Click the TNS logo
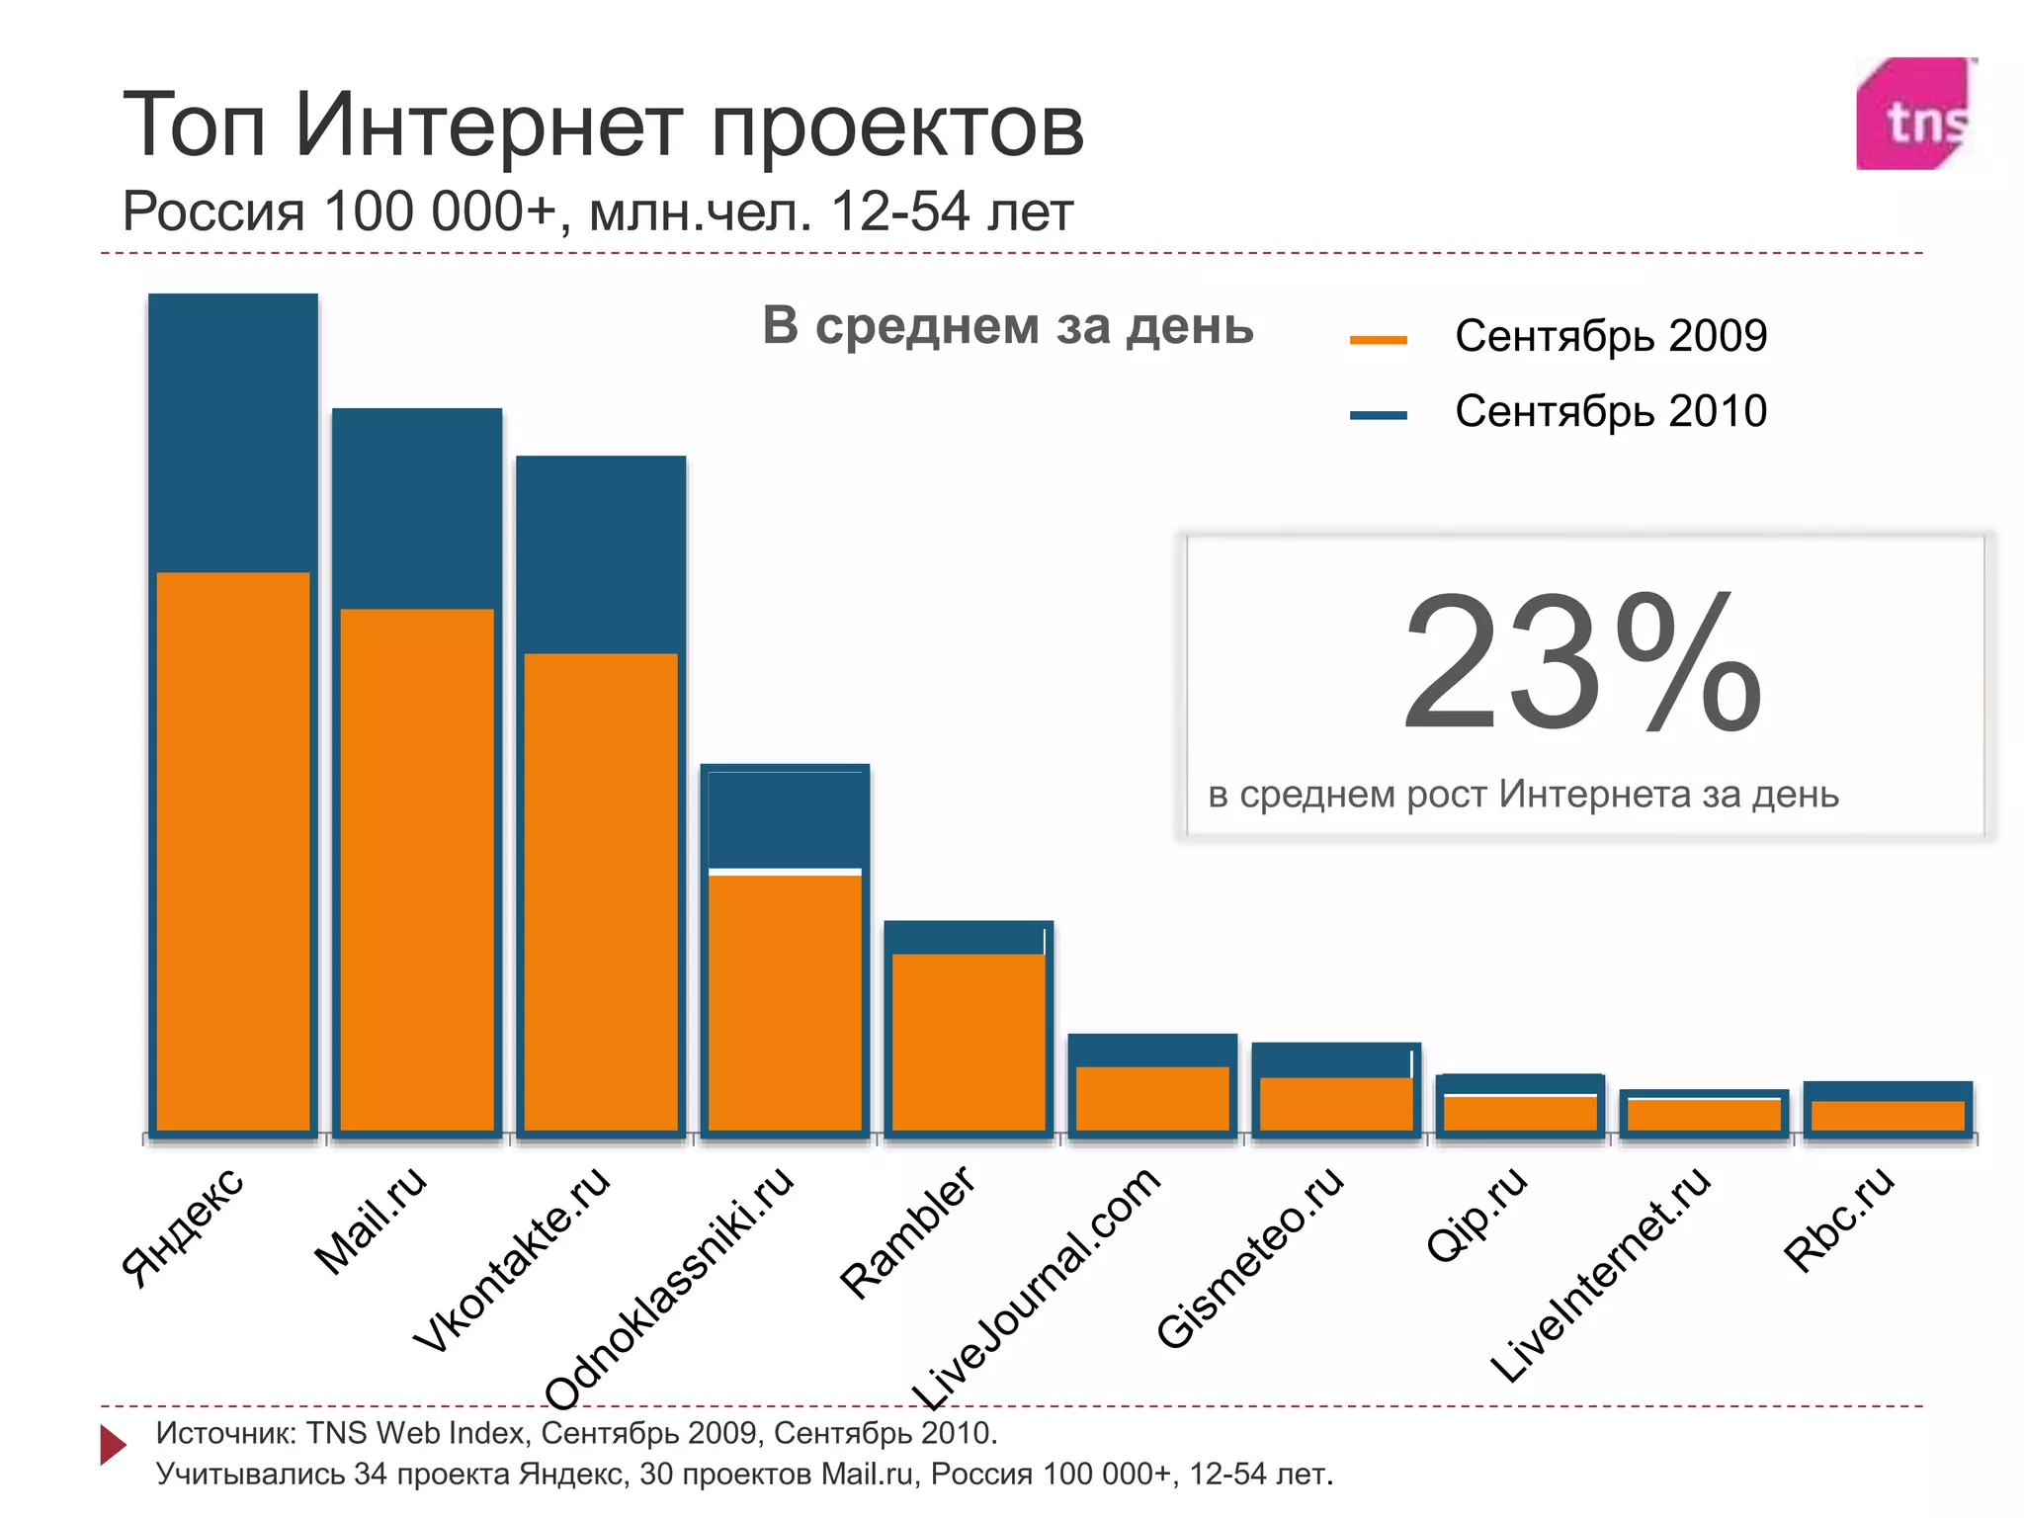(1913, 115)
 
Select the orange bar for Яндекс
(233, 850)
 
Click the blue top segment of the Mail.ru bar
(417, 508)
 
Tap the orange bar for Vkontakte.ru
(601, 889)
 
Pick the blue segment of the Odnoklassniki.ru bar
(785, 816)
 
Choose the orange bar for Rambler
(969, 1042)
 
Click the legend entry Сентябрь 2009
(1610, 336)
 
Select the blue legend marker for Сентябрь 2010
(1378, 415)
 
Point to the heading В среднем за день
(1007, 326)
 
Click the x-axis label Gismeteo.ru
(1249, 1257)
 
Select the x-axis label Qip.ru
(1476, 1214)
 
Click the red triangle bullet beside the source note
(113, 1445)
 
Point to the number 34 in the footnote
(371, 1474)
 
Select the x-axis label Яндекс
(182, 1226)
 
